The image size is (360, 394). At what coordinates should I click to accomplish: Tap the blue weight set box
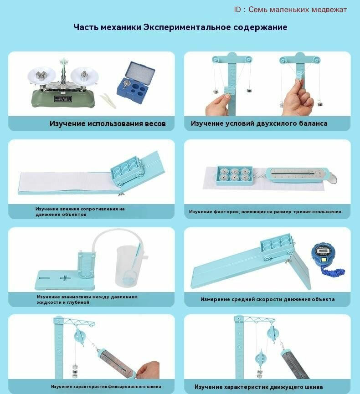click(x=136, y=81)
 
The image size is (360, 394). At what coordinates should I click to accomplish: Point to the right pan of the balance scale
click(x=84, y=76)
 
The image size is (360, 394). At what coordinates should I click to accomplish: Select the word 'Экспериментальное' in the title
click(x=187, y=27)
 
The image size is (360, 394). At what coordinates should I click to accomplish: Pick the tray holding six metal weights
click(x=234, y=175)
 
